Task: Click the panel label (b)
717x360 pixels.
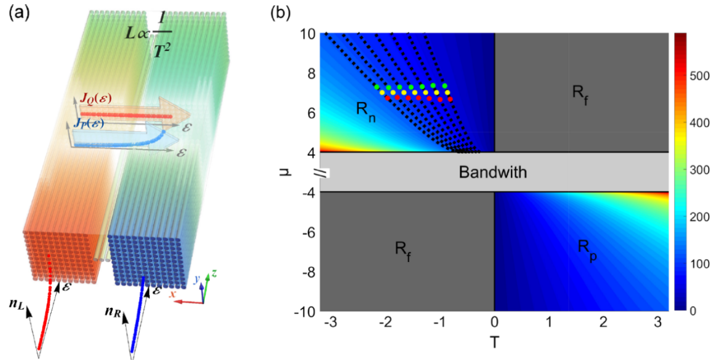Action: coord(281,13)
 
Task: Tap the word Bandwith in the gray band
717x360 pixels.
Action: coord(493,172)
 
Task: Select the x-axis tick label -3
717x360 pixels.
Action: coord(327,323)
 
